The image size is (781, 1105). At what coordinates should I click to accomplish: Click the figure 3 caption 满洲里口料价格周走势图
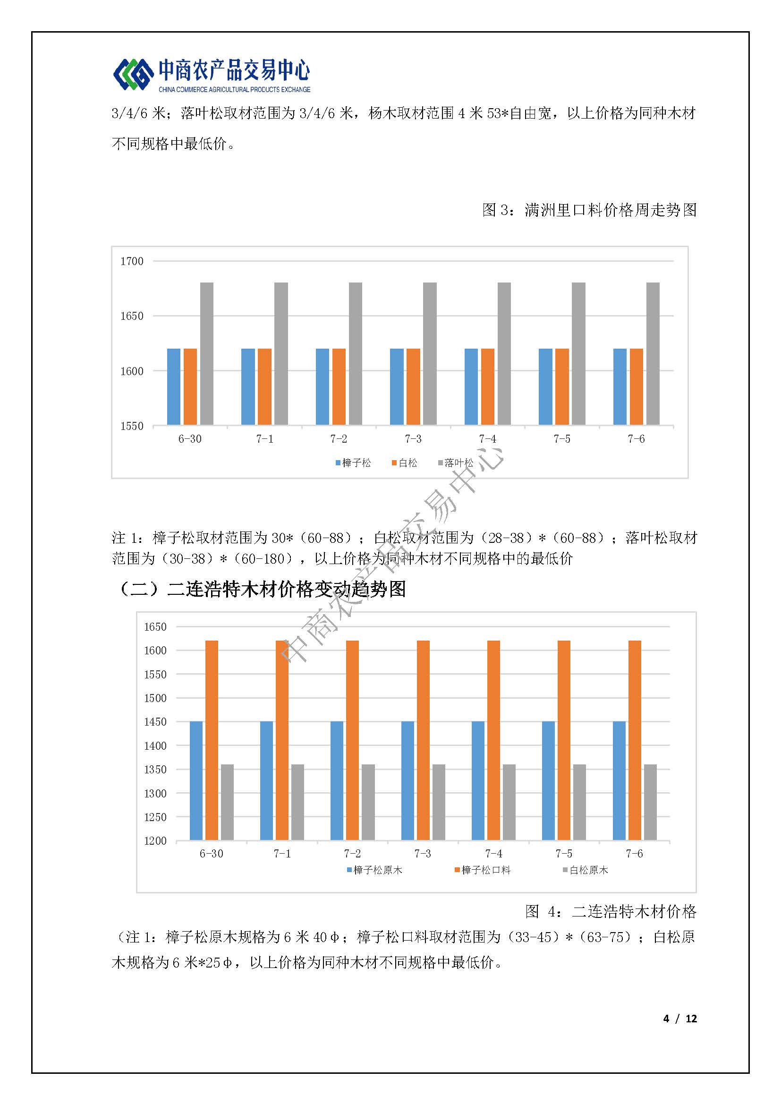point(589,210)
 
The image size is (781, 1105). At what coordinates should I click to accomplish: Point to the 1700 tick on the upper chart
point(132,261)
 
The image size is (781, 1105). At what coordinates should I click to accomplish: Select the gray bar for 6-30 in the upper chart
point(207,354)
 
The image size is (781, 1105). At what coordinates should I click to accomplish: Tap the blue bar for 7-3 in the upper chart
point(397,386)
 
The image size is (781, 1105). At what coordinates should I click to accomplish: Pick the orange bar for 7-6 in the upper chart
point(636,386)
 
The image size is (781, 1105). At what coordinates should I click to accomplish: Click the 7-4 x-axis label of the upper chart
point(487,439)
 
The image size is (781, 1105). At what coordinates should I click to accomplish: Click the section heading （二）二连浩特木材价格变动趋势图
point(260,589)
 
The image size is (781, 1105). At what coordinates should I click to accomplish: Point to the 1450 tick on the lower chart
point(155,722)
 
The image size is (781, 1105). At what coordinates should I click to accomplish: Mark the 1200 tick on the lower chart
point(155,841)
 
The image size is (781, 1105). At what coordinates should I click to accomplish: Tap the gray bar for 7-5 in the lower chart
point(579,802)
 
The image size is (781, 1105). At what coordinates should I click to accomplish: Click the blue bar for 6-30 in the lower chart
point(196,780)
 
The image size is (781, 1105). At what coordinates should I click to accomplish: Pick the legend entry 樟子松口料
point(483,870)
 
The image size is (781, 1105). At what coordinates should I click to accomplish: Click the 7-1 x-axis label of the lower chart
point(282,854)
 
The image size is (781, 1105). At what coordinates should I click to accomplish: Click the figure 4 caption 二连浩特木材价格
point(611,911)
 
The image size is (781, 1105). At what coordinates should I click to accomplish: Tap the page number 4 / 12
point(680,1019)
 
